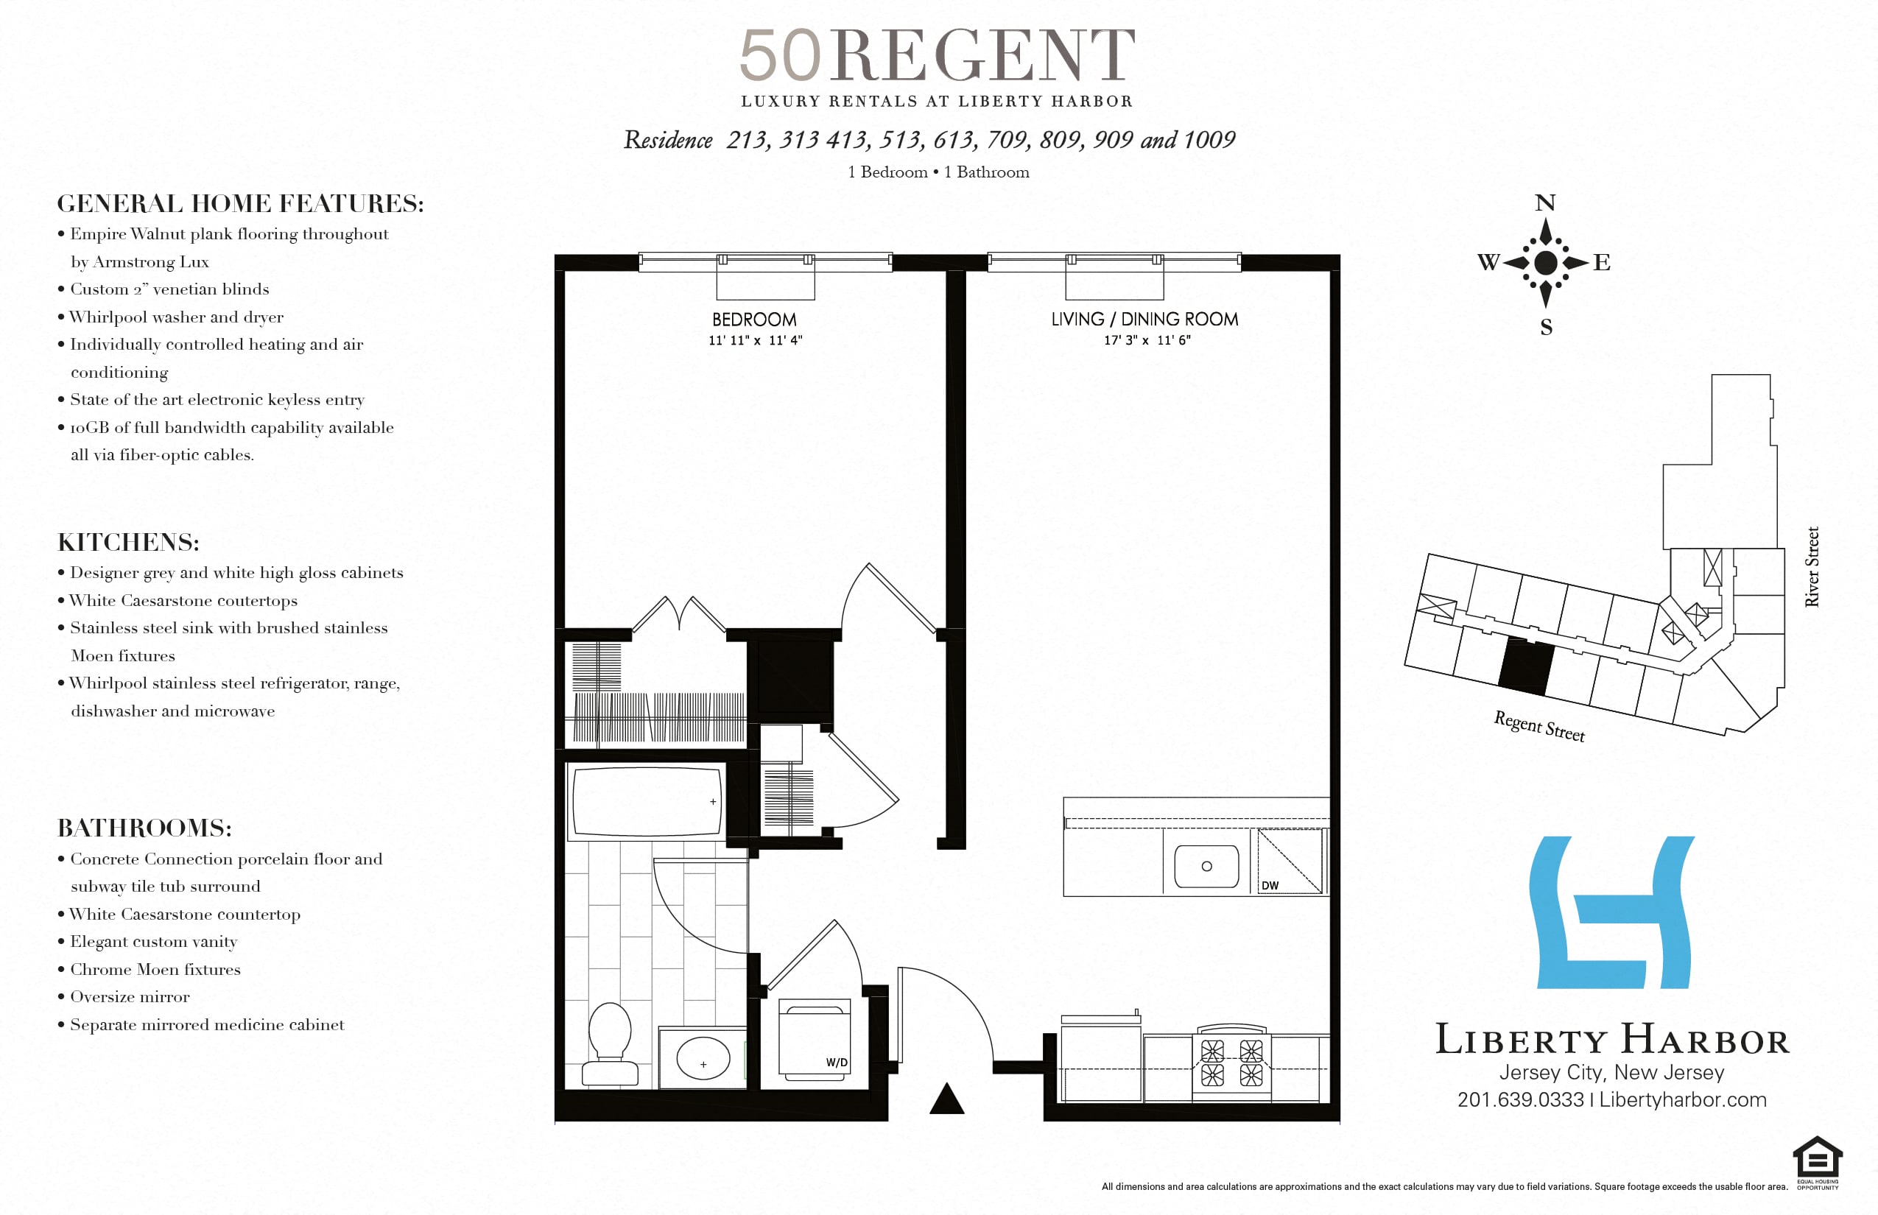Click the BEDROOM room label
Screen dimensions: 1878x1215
754,320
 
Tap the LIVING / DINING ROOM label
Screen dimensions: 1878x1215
1144,320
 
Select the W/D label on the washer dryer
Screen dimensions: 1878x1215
837,1062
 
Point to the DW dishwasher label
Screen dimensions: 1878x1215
1270,885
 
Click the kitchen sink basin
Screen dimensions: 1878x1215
1206,866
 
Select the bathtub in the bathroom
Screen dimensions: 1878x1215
647,801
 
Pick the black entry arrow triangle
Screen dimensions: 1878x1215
947,1098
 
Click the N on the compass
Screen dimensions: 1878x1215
1545,202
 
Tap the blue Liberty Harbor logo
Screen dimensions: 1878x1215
1612,912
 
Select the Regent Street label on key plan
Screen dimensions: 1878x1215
1538,726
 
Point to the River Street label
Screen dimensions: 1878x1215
1812,566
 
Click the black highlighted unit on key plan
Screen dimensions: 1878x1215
1526,666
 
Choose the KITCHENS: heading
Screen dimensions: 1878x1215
129,542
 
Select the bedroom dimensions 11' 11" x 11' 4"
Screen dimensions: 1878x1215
755,340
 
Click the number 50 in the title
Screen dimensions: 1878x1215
780,55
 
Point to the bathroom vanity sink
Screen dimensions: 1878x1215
703,1058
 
